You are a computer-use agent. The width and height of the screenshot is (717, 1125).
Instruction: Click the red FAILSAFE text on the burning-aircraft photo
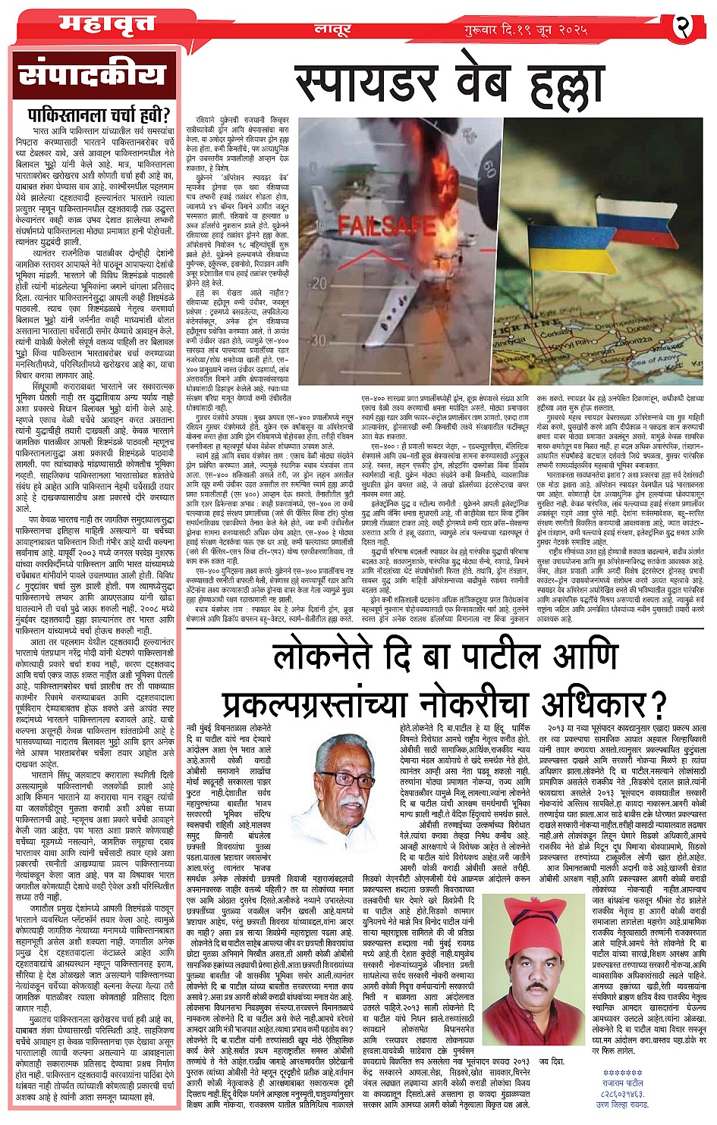[377, 225]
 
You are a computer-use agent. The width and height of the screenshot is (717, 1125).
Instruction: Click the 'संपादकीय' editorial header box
[92, 76]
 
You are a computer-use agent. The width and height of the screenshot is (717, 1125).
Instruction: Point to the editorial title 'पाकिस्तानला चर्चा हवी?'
[93, 116]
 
